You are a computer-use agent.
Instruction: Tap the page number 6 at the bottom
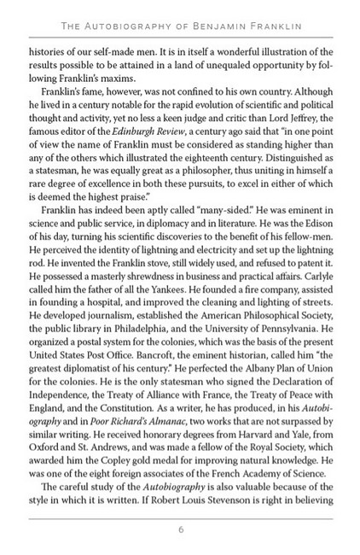click(181, 529)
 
